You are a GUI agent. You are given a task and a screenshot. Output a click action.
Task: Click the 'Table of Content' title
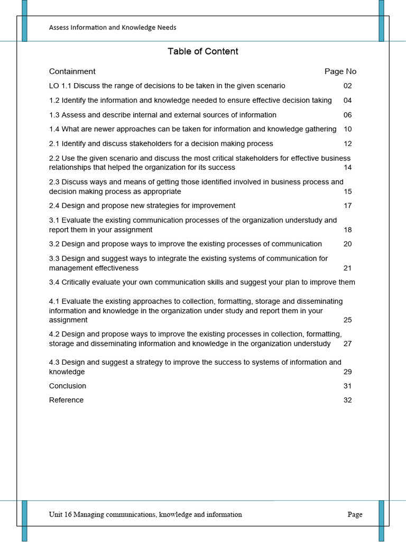pyautogui.click(x=203, y=51)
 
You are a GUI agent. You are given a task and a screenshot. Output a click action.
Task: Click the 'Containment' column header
pyautogui.click(x=72, y=71)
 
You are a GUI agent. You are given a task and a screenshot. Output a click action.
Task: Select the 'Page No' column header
pyautogui.click(x=340, y=71)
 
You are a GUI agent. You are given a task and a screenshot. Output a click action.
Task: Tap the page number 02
pyautogui.click(x=347, y=86)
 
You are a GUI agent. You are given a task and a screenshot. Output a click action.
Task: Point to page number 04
pyautogui.click(x=347, y=101)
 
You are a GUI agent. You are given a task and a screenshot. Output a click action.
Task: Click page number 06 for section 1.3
pyautogui.click(x=347, y=115)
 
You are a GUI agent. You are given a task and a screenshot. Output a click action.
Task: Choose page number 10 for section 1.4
pyautogui.click(x=347, y=129)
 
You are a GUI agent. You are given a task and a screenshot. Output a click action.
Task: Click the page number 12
pyautogui.click(x=347, y=143)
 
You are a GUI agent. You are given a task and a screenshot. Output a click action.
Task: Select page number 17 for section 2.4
pyautogui.click(x=347, y=205)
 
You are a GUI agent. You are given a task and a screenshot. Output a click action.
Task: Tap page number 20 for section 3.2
pyautogui.click(x=347, y=244)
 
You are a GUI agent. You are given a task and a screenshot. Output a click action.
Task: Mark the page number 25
pyautogui.click(x=347, y=320)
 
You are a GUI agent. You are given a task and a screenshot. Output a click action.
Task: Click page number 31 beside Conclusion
pyautogui.click(x=347, y=386)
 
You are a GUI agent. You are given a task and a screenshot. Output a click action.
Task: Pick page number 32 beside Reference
pyautogui.click(x=347, y=400)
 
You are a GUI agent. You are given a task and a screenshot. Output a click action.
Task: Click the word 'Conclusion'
pyautogui.click(x=68, y=386)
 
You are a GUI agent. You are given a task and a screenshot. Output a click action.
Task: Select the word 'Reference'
pyautogui.click(x=66, y=400)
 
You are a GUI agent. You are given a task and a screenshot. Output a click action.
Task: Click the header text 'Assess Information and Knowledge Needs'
pyautogui.click(x=113, y=28)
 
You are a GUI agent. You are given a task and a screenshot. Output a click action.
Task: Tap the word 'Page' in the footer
pyautogui.click(x=355, y=514)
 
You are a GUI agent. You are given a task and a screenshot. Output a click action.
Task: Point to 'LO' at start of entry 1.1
pyautogui.click(x=54, y=86)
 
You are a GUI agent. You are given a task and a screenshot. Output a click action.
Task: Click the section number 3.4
pyautogui.click(x=54, y=282)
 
